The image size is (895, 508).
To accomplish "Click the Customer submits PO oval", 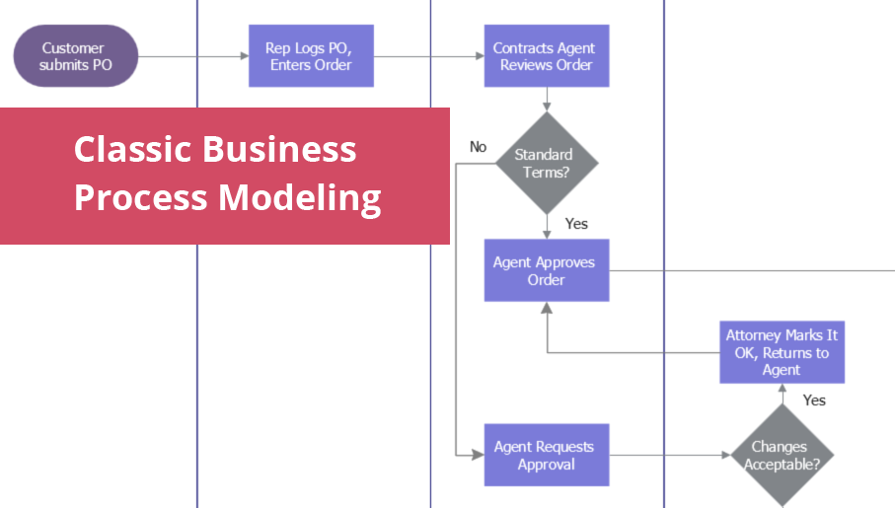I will point(75,56).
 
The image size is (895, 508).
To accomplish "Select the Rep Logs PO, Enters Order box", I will point(311,56).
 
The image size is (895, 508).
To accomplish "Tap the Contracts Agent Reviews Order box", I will point(545,56).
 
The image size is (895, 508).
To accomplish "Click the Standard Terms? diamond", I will point(545,163).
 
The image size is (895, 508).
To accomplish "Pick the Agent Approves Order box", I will point(546,270).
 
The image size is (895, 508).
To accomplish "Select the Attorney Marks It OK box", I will point(782,352).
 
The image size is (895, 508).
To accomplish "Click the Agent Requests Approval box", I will point(546,455).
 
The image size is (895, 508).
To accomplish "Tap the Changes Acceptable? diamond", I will point(782,455).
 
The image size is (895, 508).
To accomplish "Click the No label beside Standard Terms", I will point(479,147).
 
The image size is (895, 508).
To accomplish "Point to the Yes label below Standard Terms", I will point(576,224).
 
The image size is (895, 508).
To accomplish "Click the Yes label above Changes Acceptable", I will point(814,399).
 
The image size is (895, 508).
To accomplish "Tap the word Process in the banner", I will point(141,197).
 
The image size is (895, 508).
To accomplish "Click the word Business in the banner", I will point(280,150).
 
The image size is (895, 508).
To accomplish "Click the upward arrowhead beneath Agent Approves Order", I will point(546,308).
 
